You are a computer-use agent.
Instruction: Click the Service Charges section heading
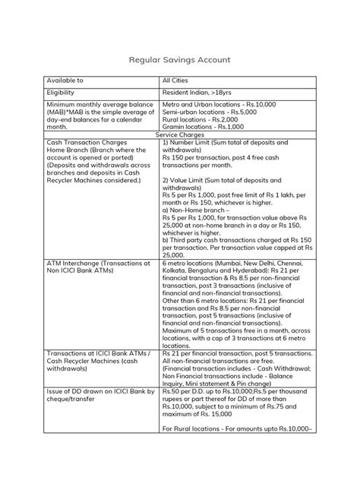pyautogui.click(x=180, y=134)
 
